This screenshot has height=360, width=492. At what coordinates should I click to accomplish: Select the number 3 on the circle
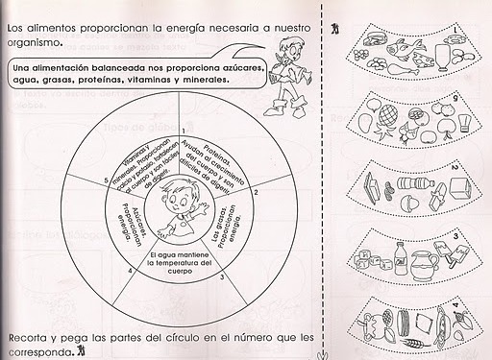pos(224,276)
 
